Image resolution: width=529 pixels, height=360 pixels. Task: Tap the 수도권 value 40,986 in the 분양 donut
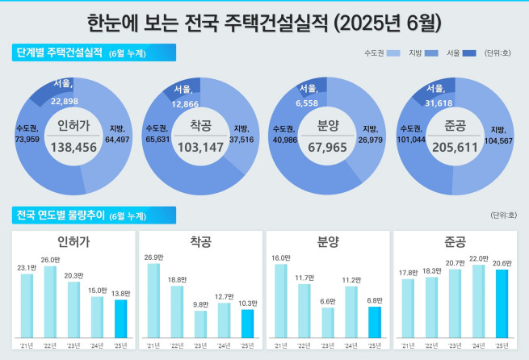click(x=283, y=139)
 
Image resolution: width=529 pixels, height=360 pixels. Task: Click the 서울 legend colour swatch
click(x=469, y=53)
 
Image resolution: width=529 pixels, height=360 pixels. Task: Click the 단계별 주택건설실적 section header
click(x=61, y=53)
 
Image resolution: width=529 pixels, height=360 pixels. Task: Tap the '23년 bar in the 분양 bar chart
click(x=327, y=321)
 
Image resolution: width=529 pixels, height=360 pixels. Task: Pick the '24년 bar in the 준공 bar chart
click(x=478, y=299)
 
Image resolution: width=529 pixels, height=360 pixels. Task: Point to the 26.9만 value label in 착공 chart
click(x=153, y=257)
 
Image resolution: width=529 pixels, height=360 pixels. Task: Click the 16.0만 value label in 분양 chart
click(x=281, y=257)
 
